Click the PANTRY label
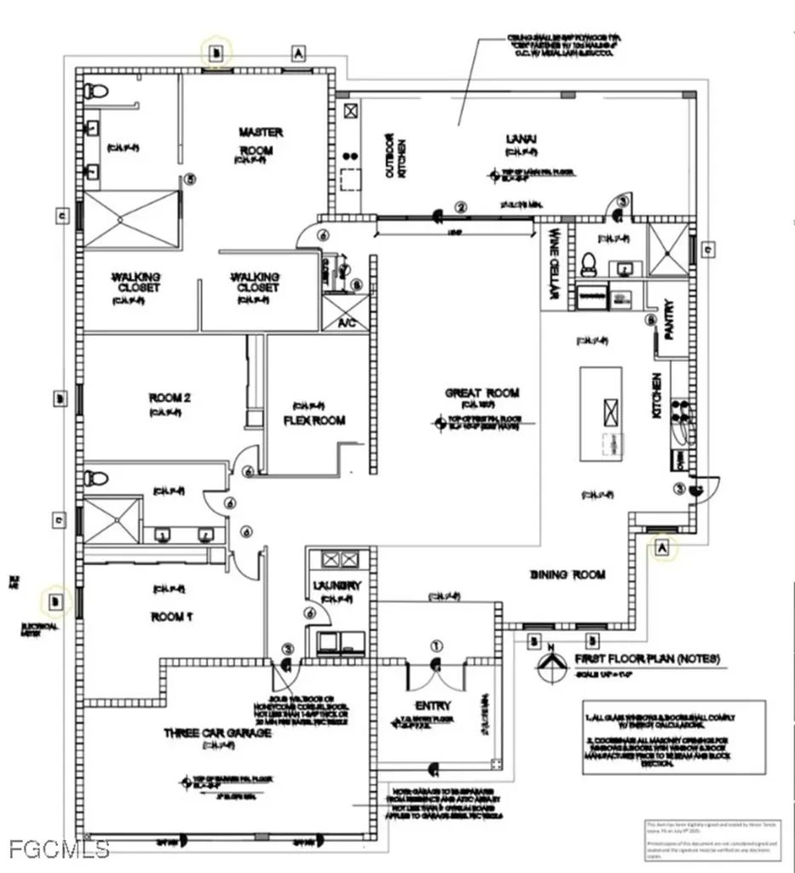670,318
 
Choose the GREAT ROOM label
482,393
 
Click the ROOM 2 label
169,397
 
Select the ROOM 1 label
166,616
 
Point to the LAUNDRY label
337,586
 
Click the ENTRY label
434,706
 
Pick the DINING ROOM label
567,575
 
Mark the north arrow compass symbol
550,664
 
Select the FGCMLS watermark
58,848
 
